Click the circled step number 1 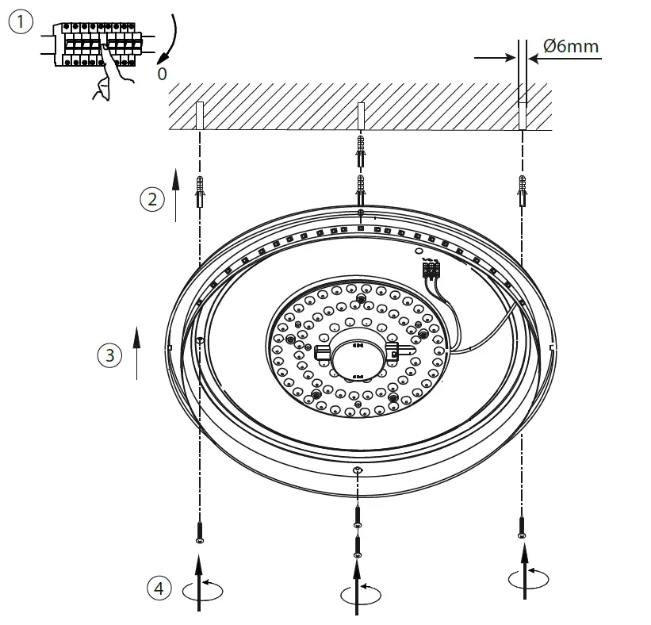21,22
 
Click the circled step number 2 151,199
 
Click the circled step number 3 110,355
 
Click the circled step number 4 159,588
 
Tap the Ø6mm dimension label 571,46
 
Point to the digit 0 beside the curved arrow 162,74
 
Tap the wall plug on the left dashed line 200,191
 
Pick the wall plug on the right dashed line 521,190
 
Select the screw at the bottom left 199,530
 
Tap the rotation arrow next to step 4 201,589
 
